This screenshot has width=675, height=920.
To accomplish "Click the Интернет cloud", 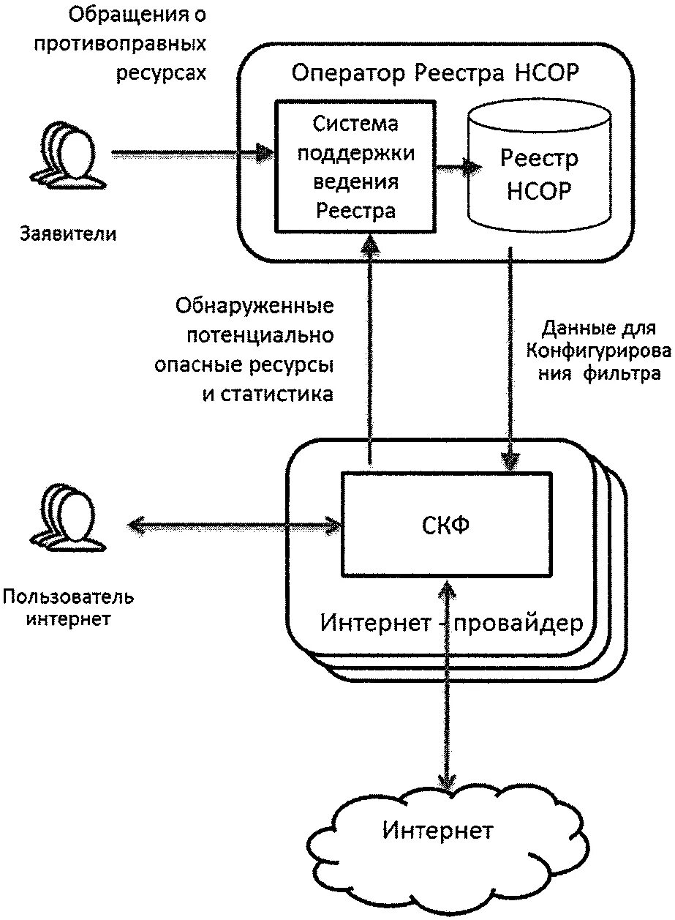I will tap(439, 832).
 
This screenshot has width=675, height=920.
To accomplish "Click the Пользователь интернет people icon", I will tap(65, 517).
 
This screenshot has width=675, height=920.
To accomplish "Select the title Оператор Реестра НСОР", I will tap(435, 73).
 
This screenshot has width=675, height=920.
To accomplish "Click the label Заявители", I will tap(68, 234).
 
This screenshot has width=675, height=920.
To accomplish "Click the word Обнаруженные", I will tap(254, 305).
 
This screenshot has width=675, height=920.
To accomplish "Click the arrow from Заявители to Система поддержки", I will tap(190, 154).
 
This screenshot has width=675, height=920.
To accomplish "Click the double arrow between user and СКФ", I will tap(234, 524).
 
